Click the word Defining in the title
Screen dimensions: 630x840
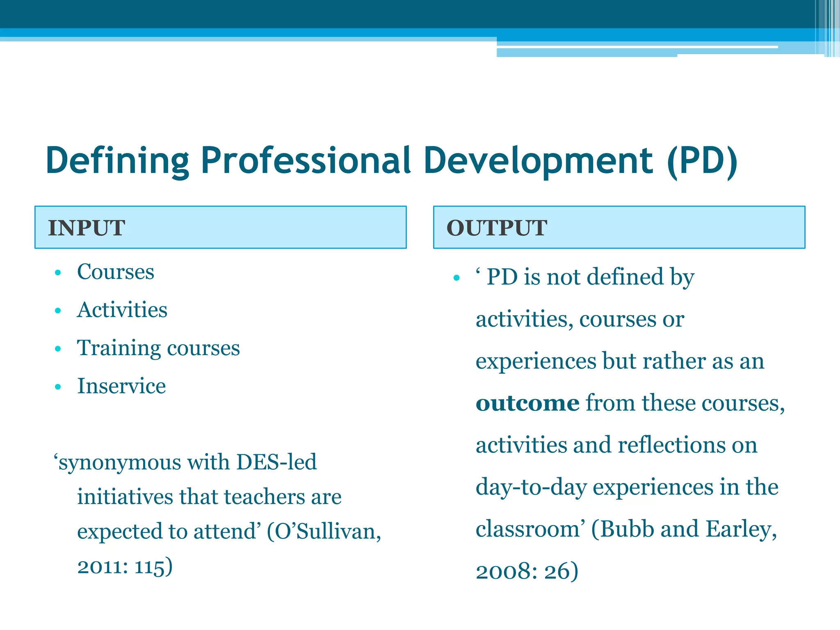[x=117, y=161]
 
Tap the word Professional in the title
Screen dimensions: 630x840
[x=306, y=161]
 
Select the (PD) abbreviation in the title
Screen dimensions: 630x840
[x=702, y=161]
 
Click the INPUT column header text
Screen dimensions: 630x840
[x=87, y=228]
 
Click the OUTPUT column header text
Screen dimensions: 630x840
[x=497, y=228]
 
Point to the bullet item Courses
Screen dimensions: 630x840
[x=116, y=272]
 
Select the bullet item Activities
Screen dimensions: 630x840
[x=122, y=310]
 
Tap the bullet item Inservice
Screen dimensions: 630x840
[x=121, y=386]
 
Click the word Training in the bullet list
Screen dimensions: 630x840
[x=119, y=348]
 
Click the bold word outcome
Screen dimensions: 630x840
[x=527, y=403]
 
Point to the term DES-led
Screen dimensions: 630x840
[x=276, y=462]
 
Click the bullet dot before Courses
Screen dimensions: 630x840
[x=58, y=273]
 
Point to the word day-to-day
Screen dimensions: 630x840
[x=531, y=487]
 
